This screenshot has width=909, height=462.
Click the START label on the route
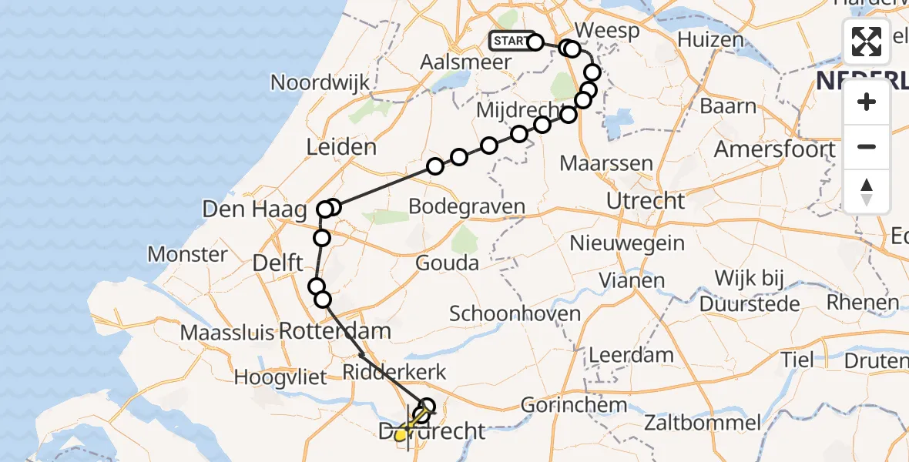tap(509, 41)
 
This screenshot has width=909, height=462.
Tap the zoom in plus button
tap(867, 102)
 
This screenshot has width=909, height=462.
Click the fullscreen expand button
tap(867, 42)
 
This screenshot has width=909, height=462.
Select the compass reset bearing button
tap(867, 191)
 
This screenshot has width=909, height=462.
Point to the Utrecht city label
tap(646, 202)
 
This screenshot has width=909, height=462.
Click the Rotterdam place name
tap(335, 332)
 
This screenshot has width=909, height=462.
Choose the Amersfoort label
tap(775, 149)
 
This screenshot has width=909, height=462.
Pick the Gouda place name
tap(447, 263)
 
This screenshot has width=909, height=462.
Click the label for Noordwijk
tap(320, 83)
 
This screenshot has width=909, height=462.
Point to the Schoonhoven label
tap(515, 313)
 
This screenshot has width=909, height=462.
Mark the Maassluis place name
tap(227, 333)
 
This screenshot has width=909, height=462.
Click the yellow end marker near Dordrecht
tap(401, 437)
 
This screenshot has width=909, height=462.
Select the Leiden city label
tap(342, 147)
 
